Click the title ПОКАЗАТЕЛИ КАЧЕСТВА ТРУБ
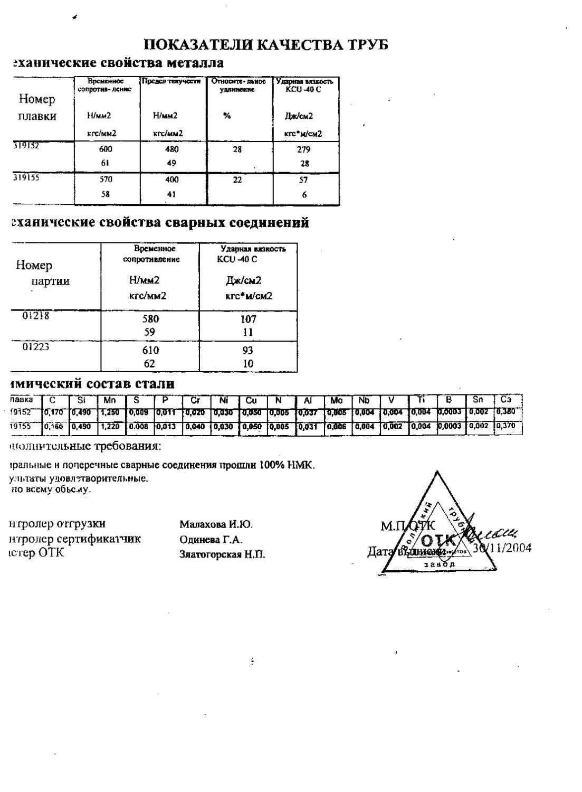pos(266,45)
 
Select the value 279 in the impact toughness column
pos(303,149)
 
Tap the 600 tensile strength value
pos(106,149)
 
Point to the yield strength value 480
pos(172,149)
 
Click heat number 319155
pos(26,178)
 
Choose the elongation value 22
pos(237,180)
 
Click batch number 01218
pos(35,316)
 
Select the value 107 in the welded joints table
pos(248,319)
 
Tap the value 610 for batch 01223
pos(150,350)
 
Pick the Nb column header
pos(365,400)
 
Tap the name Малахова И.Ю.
pos(216,524)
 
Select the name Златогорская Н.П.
pos(222,554)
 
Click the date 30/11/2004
pos(502,548)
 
